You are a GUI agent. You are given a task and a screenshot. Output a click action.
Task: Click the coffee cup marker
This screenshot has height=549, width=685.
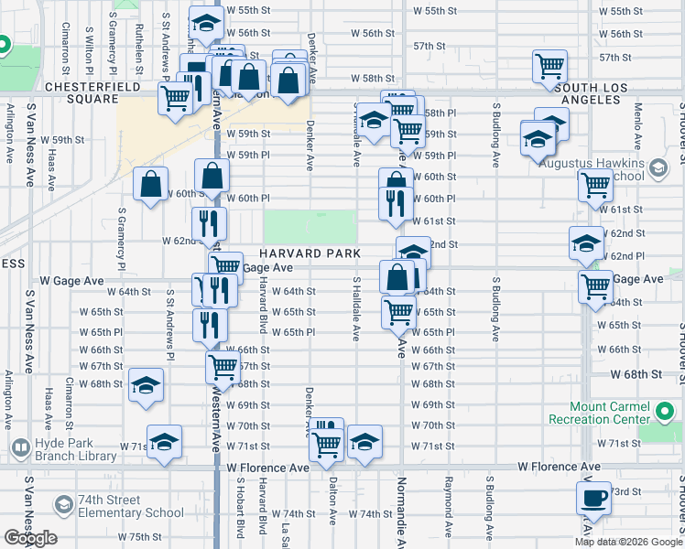593,500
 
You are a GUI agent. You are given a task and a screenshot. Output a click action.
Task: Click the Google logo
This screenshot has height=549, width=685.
30,538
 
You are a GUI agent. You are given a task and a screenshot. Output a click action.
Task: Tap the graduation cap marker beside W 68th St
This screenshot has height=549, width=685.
146,385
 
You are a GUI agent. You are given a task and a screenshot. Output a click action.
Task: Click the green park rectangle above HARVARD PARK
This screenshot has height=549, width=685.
310,225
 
